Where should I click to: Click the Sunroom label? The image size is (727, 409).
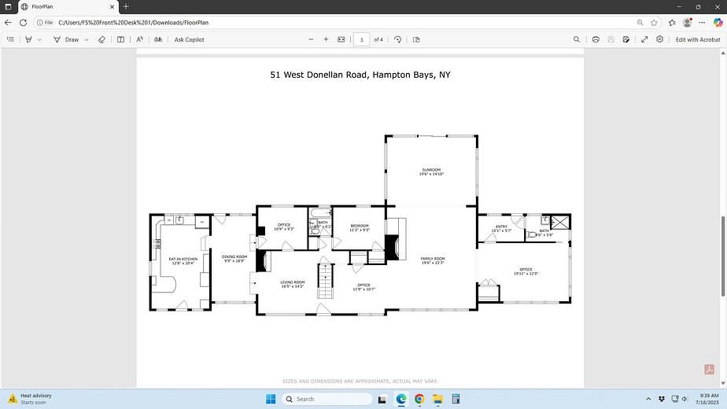431,171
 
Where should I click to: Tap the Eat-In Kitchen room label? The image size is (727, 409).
183,261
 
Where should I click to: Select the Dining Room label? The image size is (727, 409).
234,258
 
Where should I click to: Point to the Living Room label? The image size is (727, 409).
293,283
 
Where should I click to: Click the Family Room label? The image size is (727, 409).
433,260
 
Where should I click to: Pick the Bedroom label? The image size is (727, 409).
359,227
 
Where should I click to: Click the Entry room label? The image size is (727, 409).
501,228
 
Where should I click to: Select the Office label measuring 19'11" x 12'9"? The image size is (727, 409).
526,271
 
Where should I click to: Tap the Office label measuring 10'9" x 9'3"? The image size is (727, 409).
284,227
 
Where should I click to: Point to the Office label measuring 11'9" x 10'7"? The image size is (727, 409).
363,287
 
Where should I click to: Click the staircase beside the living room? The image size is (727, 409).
326,281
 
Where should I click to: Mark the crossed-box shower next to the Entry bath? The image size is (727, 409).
560,222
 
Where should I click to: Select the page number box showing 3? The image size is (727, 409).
361,39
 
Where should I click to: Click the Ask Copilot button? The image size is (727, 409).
189,39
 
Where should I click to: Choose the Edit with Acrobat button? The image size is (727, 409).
698,39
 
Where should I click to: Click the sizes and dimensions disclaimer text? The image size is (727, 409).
360,381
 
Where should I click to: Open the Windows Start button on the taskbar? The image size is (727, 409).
271,399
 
